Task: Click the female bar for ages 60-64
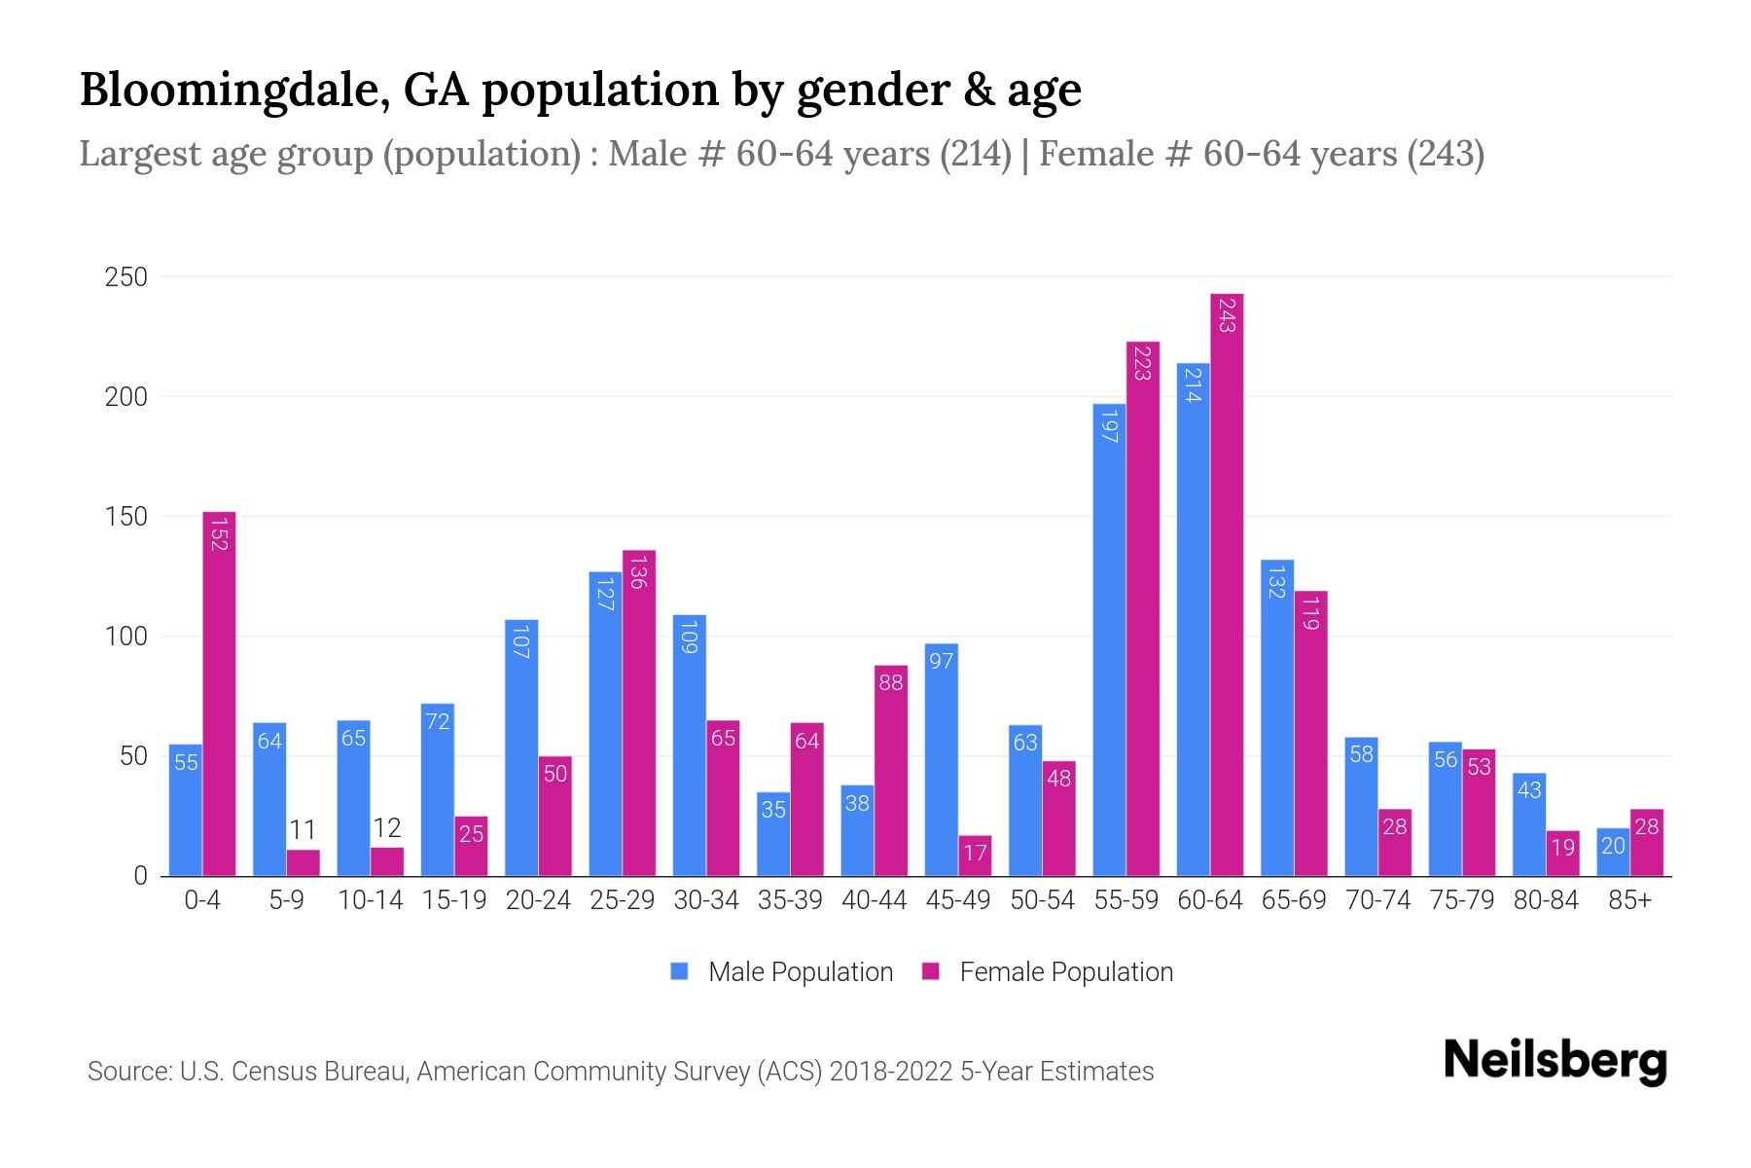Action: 1227,584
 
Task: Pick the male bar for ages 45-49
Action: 942,759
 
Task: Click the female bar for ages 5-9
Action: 303,863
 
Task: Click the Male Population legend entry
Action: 782,972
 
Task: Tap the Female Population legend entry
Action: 1048,972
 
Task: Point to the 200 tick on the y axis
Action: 126,397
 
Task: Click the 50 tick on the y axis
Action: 132,756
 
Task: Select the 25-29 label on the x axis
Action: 623,900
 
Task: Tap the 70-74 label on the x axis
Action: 1377,900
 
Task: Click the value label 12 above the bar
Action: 387,828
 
